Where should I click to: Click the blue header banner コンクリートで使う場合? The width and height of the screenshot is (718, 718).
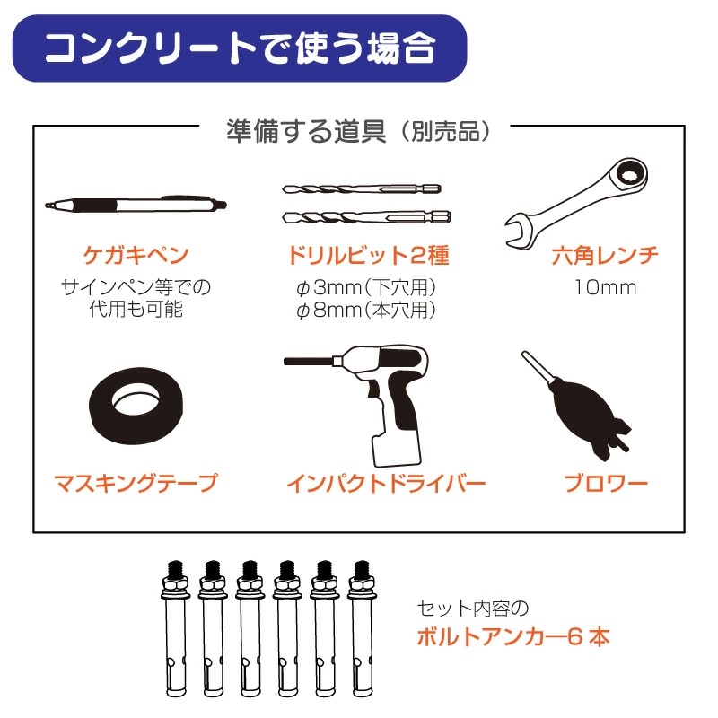click(x=240, y=48)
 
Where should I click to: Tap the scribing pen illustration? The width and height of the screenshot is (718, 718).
click(x=136, y=205)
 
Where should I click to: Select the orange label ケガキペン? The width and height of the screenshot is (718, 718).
click(x=136, y=255)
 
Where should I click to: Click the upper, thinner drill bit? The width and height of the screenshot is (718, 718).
click(x=362, y=188)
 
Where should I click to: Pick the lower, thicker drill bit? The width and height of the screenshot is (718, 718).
click(x=367, y=217)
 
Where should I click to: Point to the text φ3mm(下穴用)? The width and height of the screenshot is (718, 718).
click(x=366, y=287)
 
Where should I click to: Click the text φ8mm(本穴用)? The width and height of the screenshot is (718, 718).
click(x=366, y=310)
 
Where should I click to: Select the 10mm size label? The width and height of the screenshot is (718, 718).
click(x=605, y=287)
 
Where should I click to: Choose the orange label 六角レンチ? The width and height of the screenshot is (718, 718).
click(x=605, y=256)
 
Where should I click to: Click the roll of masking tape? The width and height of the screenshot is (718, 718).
click(x=136, y=406)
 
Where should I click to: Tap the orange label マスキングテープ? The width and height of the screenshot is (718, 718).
click(x=136, y=484)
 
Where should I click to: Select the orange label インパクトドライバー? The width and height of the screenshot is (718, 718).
click(x=386, y=484)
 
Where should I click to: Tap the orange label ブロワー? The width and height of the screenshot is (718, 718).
click(x=605, y=484)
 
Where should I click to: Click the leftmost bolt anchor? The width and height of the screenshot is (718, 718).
click(x=175, y=629)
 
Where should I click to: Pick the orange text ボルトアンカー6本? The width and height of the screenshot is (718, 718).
click(x=513, y=637)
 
